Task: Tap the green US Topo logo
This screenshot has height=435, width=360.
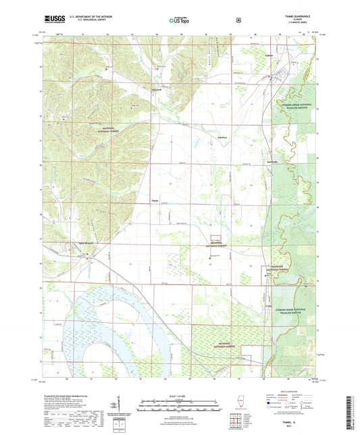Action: [x=180, y=20]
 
